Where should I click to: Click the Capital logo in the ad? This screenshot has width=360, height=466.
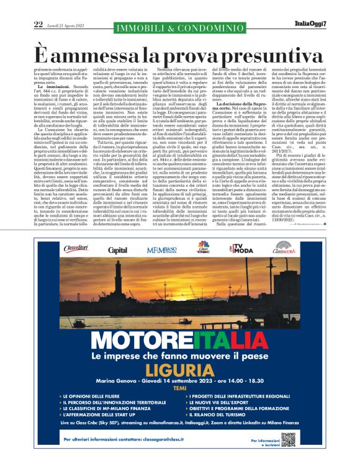coord(117,250)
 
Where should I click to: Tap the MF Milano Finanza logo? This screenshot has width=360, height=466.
coord(161,250)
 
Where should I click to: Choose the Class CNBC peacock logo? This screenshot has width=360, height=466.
coord(203,249)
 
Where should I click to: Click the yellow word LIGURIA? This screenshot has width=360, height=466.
coord(179,370)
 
